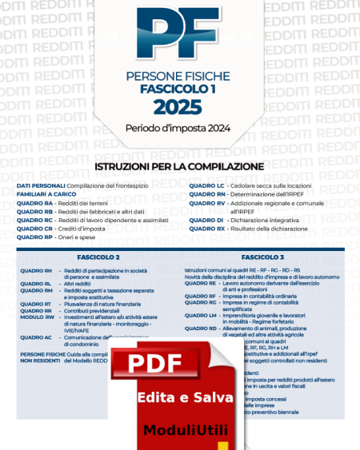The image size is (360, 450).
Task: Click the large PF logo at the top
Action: (179, 36)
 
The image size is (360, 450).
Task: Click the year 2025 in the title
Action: (178, 107)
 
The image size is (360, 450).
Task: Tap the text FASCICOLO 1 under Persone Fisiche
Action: (178, 90)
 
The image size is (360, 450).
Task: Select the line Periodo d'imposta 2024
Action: (178, 128)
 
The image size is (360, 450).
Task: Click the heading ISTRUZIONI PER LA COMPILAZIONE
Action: (179, 166)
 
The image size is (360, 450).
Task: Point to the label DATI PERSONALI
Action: (40, 185)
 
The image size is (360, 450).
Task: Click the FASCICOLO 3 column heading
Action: (262, 257)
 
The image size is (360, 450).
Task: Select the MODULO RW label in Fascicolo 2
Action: (38, 317)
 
